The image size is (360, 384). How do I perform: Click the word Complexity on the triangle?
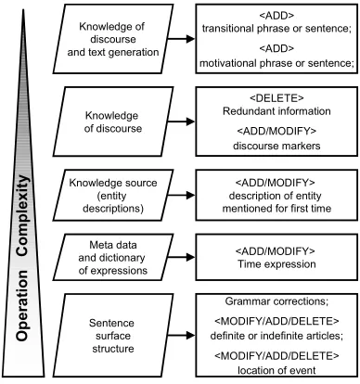pos(23,215)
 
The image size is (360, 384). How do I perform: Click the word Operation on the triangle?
pos(22,305)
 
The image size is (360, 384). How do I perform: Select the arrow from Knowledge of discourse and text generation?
pos(182,39)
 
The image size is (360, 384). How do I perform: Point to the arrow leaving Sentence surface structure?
pos(182,336)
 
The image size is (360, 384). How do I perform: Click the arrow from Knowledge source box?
pos(182,195)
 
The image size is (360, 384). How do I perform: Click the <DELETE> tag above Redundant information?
pos(276,98)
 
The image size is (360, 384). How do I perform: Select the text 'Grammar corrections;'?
pos(276,301)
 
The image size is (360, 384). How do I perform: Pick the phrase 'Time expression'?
pos(276,264)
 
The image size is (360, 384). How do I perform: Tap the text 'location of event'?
pos(276,370)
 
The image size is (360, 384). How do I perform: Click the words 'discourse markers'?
pos(276,146)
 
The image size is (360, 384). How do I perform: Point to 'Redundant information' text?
pos(276,111)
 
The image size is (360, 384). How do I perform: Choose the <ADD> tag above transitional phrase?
pos(276,15)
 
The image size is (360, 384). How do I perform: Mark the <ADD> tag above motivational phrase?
pos(276,48)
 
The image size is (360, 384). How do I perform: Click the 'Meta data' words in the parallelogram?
pos(113,245)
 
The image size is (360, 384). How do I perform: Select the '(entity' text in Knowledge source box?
pos(112,196)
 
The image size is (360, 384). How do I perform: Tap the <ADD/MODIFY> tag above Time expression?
pos(276,250)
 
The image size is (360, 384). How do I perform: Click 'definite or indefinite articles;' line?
pos(276,336)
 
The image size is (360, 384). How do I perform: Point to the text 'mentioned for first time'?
pos(276,209)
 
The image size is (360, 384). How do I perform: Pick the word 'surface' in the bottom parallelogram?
pos(113,336)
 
